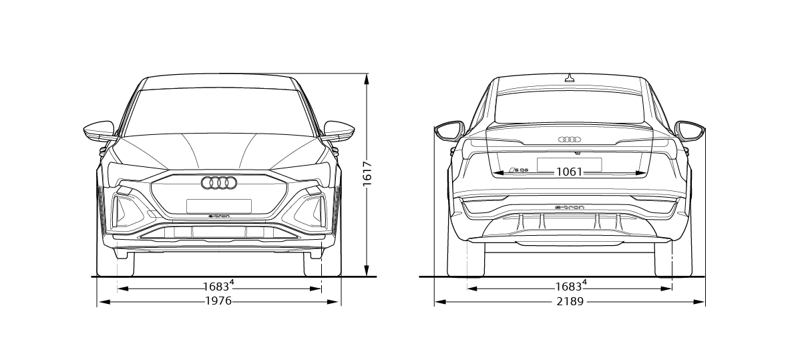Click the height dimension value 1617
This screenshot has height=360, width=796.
tap(367, 174)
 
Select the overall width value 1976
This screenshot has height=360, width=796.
tap(218, 301)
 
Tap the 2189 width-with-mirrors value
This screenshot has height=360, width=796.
tap(570, 302)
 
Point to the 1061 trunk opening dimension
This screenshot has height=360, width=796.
tap(569, 172)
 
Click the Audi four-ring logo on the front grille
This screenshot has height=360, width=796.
tap(219, 183)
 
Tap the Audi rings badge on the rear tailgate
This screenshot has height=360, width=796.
tap(570, 139)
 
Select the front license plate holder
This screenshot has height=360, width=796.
tap(219, 206)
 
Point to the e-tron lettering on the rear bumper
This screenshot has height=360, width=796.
tap(570, 207)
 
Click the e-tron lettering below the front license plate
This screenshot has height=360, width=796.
tap(219, 216)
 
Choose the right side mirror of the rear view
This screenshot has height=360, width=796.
tap(689, 131)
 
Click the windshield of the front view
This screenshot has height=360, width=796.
tap(219, 112)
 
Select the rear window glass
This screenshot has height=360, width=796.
tap(569, 107)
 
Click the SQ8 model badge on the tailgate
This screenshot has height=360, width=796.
tap(518, 170)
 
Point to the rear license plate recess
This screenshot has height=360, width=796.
tap(569, 164)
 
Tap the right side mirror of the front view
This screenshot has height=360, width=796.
tap(339, 131)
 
